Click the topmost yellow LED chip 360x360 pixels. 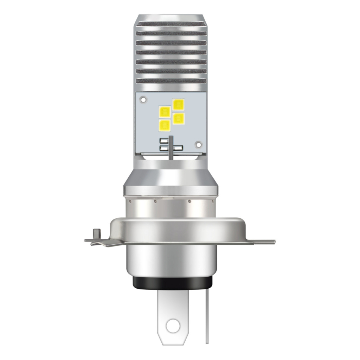[x=179, y=104]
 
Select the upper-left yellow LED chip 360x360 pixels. [x=165, y=111]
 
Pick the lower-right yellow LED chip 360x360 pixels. [x=179, y=117]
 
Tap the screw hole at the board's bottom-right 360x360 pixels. [x=199, y=144]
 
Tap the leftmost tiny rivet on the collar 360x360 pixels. [x=130, y=202]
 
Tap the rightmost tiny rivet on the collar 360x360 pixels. [x=212, y=201]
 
